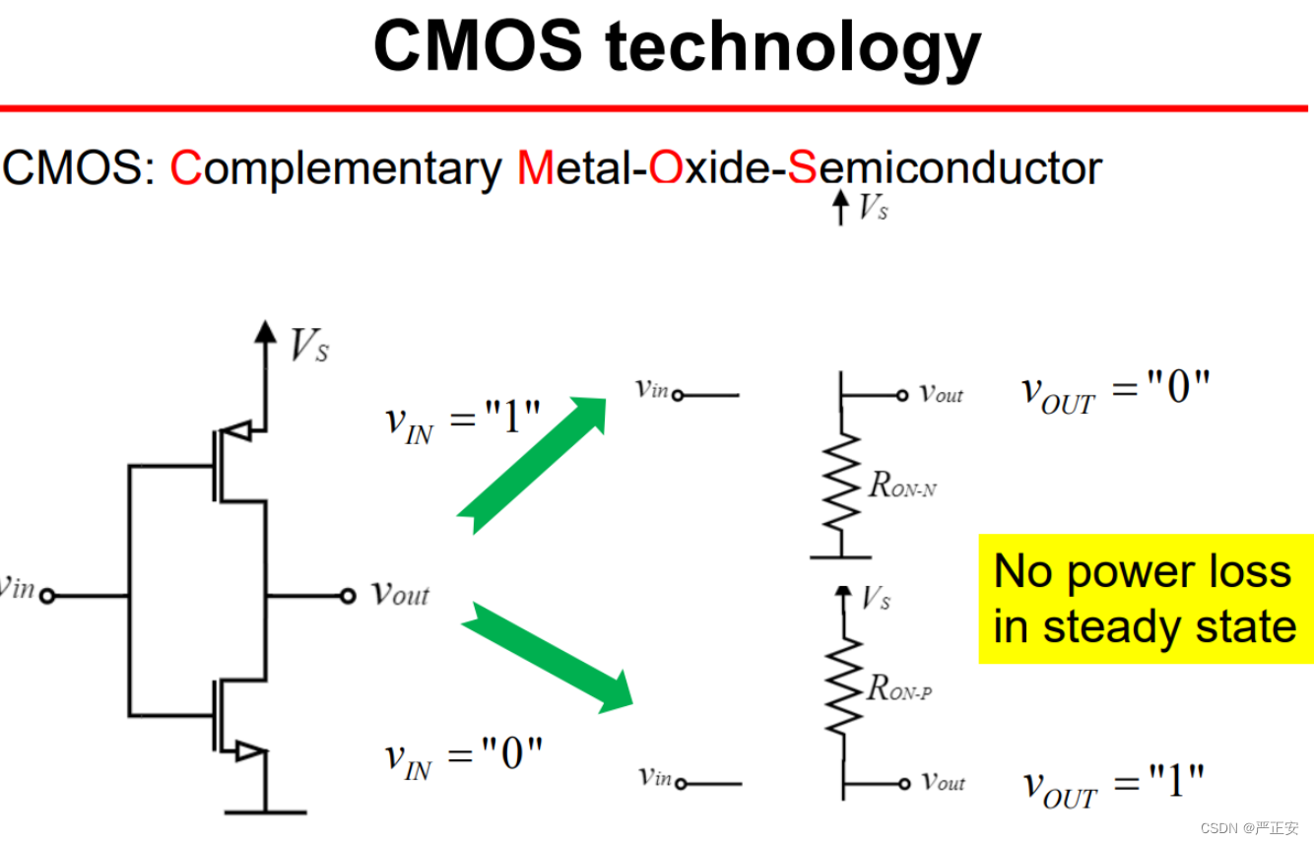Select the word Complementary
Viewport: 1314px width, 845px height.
coord(335,169)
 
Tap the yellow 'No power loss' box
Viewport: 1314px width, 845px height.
coord(1145,599)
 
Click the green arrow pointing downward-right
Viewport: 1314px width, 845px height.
coord(548,655)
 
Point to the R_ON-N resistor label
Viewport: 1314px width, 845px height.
coord(901,485)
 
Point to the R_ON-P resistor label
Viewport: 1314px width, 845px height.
coord(899,688)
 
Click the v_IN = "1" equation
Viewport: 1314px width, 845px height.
coord(463,422)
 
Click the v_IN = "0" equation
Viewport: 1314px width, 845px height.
coord(463,757)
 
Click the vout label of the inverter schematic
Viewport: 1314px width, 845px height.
coord(400,594)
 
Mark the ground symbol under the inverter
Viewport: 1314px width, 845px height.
coord(265,811)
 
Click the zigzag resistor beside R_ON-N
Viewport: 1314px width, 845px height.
coord(841,486)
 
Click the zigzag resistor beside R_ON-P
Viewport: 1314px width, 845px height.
coord(843,686)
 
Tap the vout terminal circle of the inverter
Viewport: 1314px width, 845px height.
coord(347,595)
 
